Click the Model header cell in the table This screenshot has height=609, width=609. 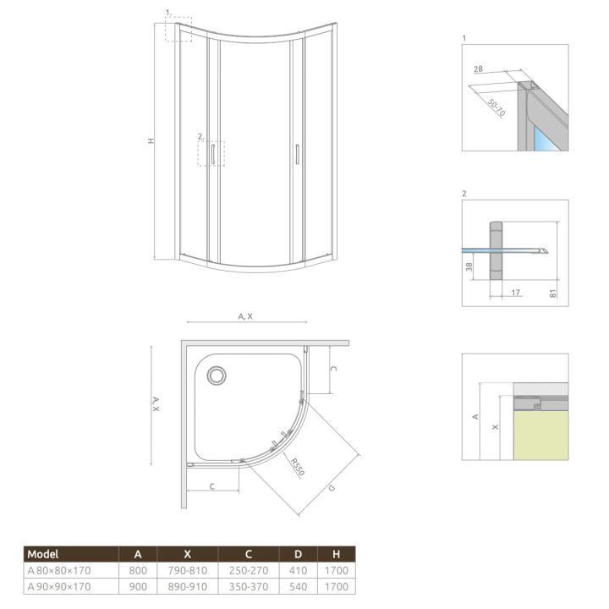click(44, 554)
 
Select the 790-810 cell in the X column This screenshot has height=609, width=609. click(183, 571)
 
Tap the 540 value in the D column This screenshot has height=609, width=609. click(297, 586)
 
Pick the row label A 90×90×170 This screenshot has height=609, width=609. click(60, 586)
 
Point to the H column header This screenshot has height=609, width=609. click(337, 554)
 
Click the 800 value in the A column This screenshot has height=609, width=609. click(137, 571)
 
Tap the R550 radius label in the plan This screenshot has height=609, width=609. click(294, 467)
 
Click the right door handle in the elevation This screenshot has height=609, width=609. click(298, 154)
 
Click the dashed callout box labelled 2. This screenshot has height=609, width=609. click(211, 153)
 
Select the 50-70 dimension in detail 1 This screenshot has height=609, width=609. click(497, 105)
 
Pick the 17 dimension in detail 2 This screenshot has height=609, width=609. click(514, 293)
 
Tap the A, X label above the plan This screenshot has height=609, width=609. click(245, 315)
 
